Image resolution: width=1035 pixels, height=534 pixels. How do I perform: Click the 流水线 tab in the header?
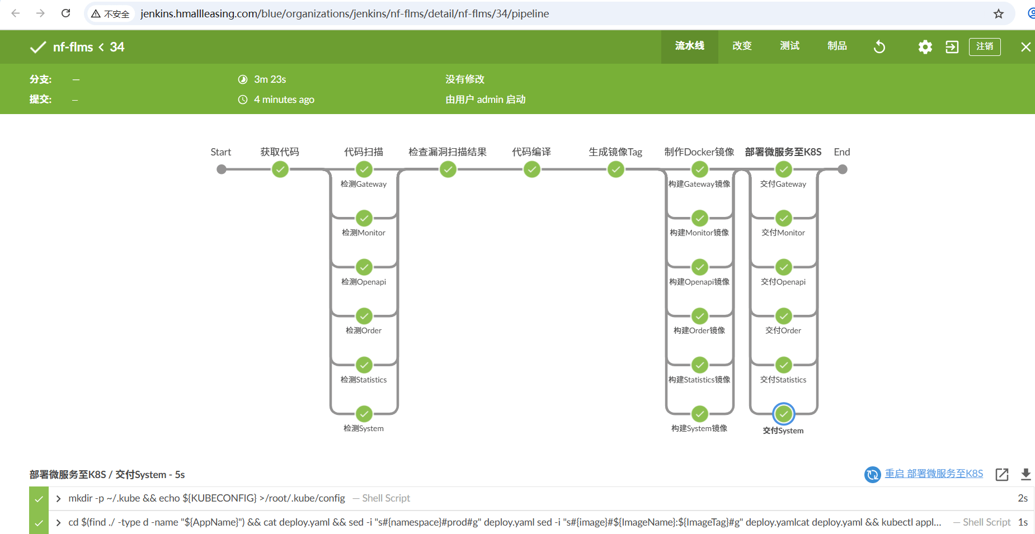[689, 46]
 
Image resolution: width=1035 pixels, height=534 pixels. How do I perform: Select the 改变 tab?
[742, 46]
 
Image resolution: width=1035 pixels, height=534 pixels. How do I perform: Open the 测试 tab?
[789, 46]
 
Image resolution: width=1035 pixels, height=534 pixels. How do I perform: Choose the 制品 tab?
[837, 46]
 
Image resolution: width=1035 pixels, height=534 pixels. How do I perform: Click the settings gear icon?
[925, 47]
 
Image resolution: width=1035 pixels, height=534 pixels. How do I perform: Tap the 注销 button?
[985, 46]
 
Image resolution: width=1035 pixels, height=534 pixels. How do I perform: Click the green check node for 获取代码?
[280, 169]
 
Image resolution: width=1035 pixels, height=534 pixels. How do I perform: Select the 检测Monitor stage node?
[364, 218]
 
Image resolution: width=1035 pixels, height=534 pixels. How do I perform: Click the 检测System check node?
[364, 414]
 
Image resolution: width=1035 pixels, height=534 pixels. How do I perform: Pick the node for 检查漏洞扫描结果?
[448, 169]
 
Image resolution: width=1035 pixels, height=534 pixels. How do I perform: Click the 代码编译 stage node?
[532, 169]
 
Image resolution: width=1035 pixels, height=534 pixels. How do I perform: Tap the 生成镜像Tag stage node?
[616, 169]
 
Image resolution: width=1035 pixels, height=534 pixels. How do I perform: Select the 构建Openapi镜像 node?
[700, 267]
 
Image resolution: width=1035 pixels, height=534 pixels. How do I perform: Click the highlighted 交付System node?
[784, 414]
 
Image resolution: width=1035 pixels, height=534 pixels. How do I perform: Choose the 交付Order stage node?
[784, 316]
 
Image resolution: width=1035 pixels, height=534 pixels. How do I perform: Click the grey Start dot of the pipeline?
[222, 169]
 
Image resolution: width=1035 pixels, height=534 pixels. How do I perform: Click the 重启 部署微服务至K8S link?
[933, 474]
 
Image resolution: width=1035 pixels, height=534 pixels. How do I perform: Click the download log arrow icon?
[1025, 474]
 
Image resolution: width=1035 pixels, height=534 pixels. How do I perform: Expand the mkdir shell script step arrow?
[58, 498]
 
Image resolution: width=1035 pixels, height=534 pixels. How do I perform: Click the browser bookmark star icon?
[999, 14]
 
